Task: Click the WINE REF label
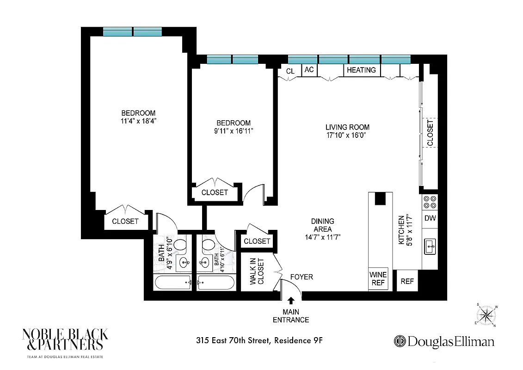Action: point(378,278)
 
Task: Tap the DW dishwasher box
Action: point(430,218)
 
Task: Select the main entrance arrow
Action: point(291,301)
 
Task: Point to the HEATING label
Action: point(361,70)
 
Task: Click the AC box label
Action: point(309,70)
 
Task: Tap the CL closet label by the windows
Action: point(290,71)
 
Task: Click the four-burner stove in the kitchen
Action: point(430,202)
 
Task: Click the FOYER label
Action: point(301,277)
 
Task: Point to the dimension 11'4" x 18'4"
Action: point(138,122)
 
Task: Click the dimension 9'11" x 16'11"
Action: point(234,131)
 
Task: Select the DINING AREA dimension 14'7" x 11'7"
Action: point(322,238)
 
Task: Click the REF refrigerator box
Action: point(407,281)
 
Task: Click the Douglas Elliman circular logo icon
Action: point(400,341)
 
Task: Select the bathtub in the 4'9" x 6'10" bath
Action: point(172,282)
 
